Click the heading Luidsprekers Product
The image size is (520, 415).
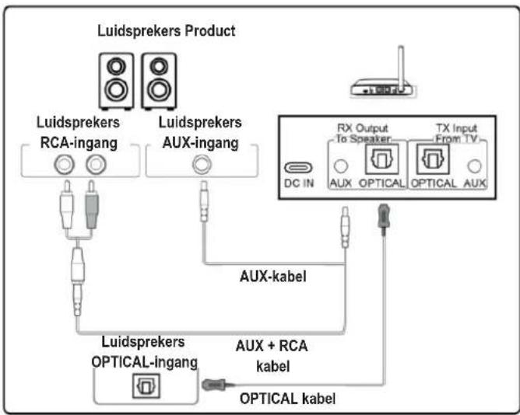(166, 31)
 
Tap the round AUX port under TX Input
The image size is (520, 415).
(474, 166)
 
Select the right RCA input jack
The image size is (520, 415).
(95, 163)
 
